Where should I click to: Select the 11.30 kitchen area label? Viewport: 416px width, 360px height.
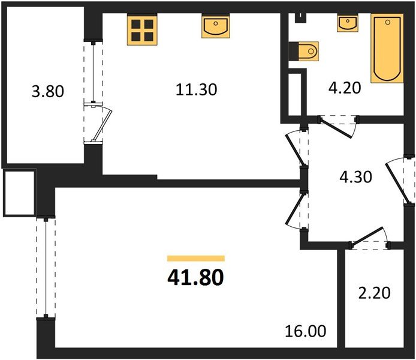196,90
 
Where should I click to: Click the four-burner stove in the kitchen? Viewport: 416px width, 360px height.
141,29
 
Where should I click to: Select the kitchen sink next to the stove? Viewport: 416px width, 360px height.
214,28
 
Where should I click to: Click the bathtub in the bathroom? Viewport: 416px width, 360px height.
387,49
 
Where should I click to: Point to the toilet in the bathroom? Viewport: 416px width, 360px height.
307,52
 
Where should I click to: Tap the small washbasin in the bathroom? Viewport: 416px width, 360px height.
347,23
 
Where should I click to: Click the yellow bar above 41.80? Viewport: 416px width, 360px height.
195,259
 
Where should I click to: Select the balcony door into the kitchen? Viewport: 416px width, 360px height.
96,123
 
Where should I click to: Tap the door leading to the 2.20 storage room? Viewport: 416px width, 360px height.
370,238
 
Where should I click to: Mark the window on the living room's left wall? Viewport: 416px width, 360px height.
45,268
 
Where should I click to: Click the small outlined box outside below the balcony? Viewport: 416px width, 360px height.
19,193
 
